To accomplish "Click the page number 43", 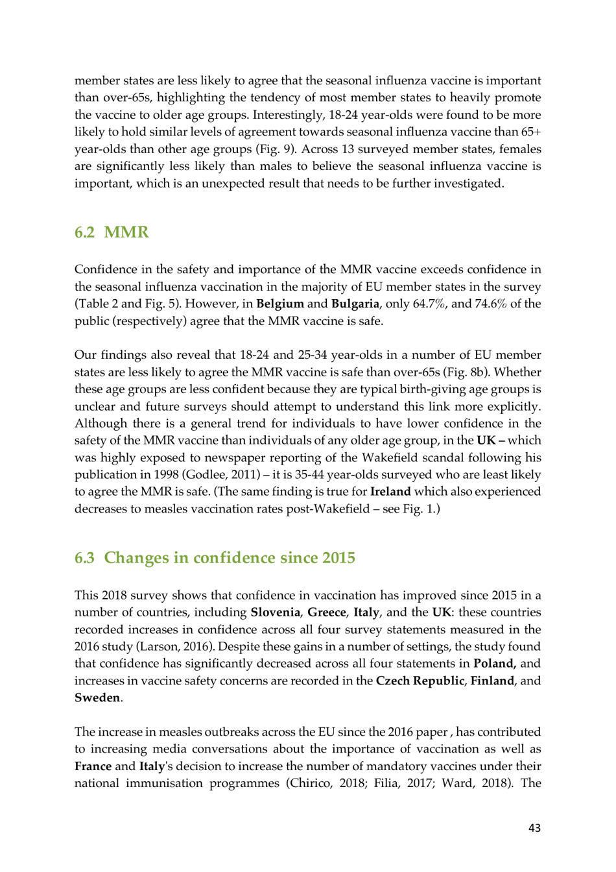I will coord(534,828).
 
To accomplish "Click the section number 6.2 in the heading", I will coord(84,232).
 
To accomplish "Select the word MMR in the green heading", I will coord(126,232).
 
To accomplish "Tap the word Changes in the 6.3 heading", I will coord(136,558).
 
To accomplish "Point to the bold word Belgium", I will coord(280,304).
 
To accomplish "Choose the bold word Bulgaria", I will coord(355,304).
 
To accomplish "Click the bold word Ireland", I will coord(390,492).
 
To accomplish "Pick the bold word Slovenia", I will coord(275,612).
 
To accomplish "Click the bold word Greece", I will coord(326,612).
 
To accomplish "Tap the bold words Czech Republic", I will coord(420,681).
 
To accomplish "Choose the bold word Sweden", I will coord(97,698).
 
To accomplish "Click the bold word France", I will coord(93,766).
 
